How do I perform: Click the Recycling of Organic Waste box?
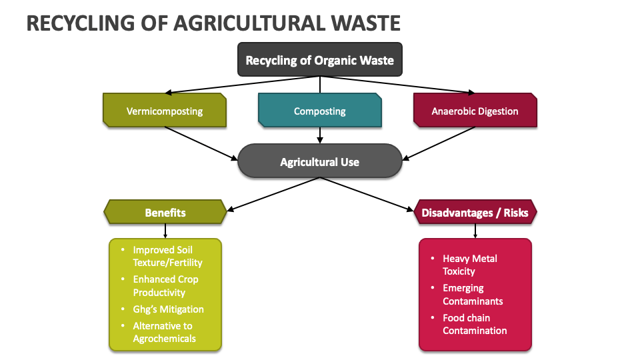(319, 60)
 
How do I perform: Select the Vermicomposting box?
(165, 111)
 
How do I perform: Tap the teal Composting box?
(320, 111)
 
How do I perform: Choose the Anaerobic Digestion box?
(475, 111)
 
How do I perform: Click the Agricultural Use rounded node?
(319, 161)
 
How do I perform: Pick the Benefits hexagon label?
(165, 213)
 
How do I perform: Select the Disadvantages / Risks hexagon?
(475, 213)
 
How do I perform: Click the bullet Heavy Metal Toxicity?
(470, 265)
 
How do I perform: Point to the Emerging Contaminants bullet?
(473, 294)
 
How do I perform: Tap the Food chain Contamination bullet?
(475, 324)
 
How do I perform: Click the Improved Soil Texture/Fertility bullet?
(167, 256)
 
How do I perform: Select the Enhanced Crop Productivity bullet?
(165, 285)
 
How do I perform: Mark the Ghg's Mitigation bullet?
(168, 309)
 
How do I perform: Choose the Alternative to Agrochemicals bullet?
(164, 332)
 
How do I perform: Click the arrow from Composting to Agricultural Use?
(320, 135)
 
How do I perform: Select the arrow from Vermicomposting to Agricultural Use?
(201, 143)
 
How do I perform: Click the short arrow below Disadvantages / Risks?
(475, 231)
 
